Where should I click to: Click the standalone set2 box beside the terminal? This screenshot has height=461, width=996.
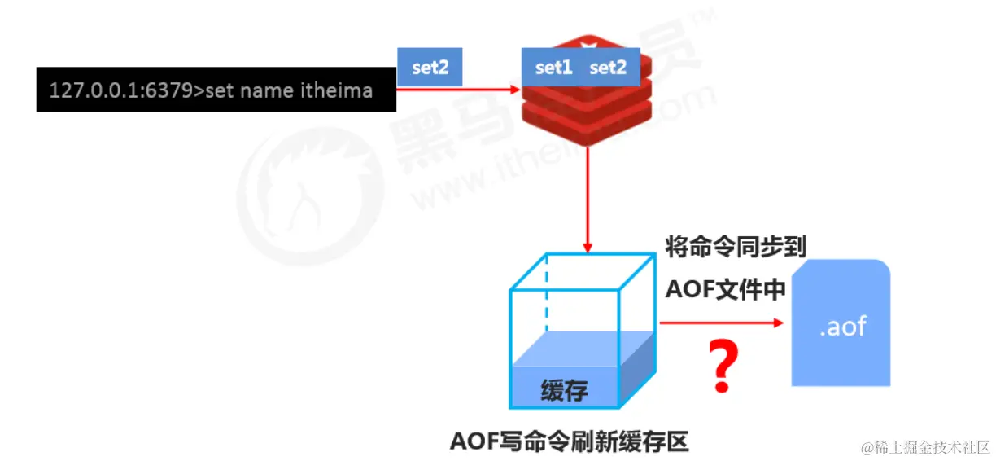430,68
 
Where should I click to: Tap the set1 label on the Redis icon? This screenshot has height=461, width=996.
553,68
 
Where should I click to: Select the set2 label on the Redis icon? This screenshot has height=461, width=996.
607,68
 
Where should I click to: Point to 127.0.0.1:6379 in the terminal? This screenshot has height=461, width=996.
120,90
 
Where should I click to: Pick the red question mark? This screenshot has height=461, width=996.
722,367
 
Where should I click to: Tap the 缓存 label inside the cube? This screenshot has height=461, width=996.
564,392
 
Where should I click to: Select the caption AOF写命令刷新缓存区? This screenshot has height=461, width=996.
569,441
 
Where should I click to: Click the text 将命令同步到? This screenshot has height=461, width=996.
736,246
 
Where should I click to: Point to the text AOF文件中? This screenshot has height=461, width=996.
725,288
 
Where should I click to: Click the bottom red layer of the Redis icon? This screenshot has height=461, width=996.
587,130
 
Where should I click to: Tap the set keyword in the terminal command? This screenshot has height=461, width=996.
220,90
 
